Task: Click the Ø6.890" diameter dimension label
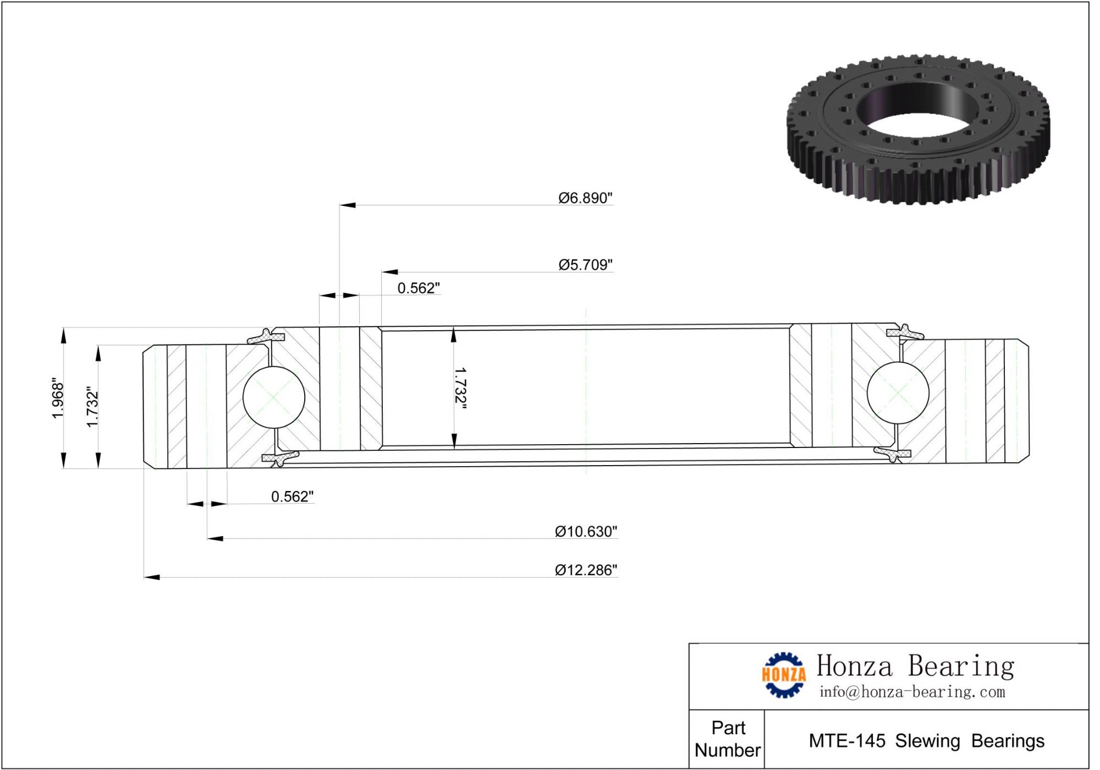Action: coord(585,198)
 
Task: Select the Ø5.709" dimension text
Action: coord(585,265)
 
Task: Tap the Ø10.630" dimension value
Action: coord(586,532)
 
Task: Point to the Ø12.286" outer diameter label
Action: coord(586,570)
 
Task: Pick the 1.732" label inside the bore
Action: coord(460,389)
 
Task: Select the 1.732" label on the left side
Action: coord(92,407)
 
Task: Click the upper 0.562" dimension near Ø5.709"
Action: coord(419,288)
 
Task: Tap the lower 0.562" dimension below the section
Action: coord(292,497)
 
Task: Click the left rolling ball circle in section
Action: coord(274,397)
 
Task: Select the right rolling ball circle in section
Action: coord(898,393)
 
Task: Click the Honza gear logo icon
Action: coord(783,675)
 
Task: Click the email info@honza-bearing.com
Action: coord(912,692)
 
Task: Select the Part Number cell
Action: coord(727,739)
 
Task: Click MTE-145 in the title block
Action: coord(846,741)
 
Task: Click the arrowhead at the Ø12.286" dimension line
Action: coord(152,577)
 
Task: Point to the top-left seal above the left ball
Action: coord(266,336)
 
